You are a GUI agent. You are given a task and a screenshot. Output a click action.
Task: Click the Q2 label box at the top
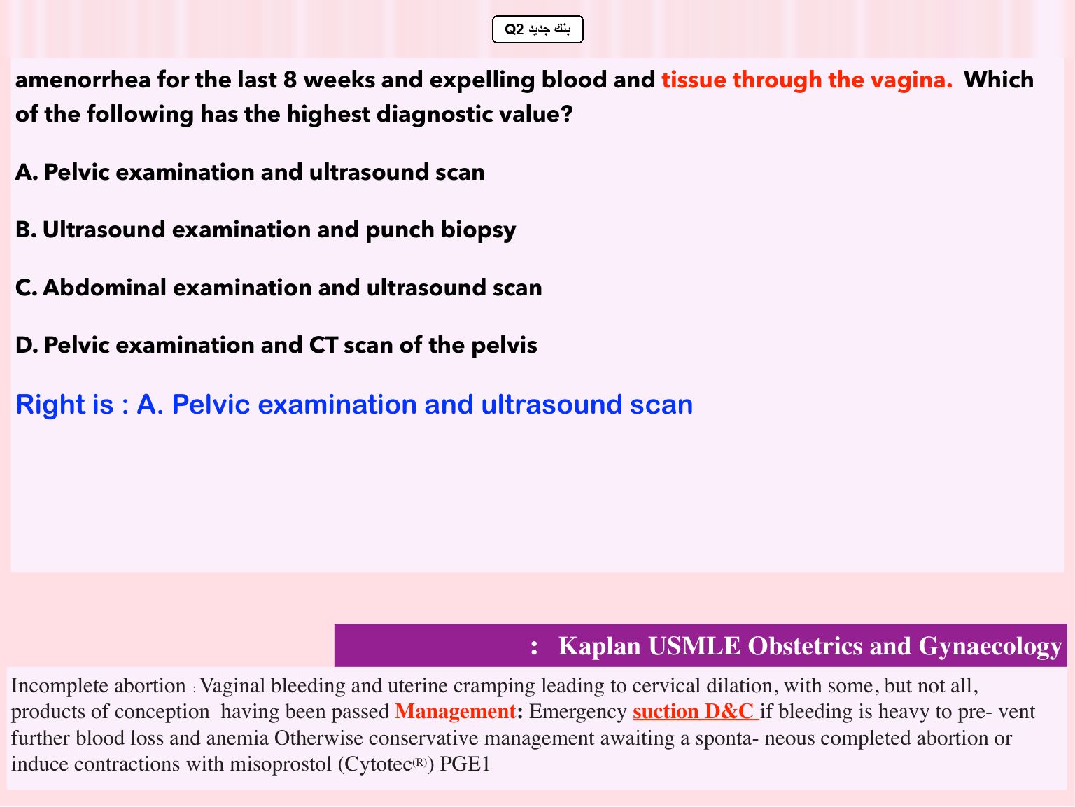[537, 29]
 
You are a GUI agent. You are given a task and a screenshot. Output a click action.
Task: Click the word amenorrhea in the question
[83, 80]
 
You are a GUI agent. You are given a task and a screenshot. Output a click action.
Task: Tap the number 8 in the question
[290, 80]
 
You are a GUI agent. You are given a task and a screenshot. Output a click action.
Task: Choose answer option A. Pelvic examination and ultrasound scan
[250, 172]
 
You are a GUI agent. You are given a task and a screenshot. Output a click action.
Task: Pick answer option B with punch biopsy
[265, 230]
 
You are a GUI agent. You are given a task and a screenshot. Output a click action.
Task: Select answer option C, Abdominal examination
[279, 288]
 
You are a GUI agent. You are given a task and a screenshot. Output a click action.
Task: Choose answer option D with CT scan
[276, 345]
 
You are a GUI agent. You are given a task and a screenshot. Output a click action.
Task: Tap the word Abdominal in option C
[104, 288]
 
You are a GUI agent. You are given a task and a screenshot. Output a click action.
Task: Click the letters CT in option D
[323, 345]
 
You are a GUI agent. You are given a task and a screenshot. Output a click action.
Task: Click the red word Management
[455, 712]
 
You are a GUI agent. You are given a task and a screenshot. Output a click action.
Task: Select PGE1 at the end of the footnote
[465, 764]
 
